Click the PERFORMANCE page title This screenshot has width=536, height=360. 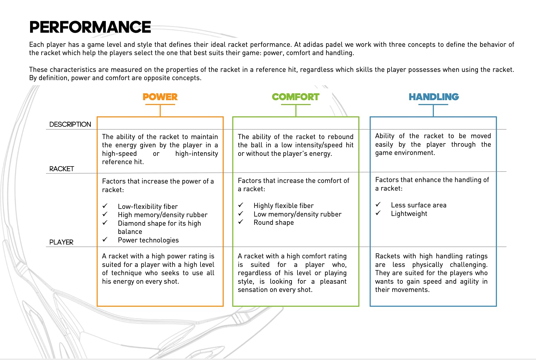90,27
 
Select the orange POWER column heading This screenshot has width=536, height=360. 160,97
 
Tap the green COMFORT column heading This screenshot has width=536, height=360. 295,97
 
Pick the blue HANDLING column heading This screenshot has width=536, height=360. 434,97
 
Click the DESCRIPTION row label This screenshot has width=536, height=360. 70,124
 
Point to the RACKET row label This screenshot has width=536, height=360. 62,169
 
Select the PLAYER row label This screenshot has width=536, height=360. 61,242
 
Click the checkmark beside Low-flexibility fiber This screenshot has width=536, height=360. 105,206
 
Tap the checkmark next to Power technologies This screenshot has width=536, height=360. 105,239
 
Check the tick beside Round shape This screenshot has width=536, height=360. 241,222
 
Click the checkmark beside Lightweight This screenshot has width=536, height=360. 378,213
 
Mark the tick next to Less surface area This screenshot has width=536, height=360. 378,204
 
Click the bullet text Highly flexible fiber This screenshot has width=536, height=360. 284,206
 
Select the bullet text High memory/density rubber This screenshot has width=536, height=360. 163,215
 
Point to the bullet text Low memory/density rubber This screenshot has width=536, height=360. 298,214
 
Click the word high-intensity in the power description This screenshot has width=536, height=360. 197,153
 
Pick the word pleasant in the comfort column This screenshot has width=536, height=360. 333,282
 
